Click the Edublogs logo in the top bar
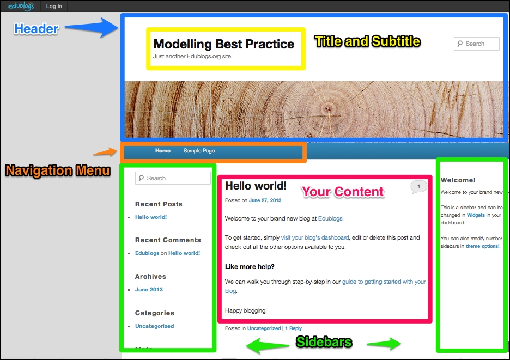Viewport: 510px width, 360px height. point(21,6)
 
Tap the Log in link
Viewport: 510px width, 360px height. point(54,6)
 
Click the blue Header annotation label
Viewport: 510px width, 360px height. point(37,29)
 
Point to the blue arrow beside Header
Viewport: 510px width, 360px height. point(92,27)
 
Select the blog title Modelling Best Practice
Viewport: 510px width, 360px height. point(223,44)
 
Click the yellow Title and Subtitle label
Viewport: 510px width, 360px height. point(367,41)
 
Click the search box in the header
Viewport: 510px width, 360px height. point(477,44)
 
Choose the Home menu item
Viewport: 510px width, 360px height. point(162,150)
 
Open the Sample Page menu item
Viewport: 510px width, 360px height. point(199,150)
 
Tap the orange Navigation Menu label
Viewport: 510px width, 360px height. point(58,170)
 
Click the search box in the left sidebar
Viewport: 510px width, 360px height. point(173,178)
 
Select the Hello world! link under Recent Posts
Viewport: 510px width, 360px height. point(151,217)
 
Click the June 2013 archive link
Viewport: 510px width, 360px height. point(149,289)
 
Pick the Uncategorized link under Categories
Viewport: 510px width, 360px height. point(155,326)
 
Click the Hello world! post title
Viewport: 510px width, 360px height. point(256,186)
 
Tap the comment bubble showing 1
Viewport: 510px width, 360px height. point(418,187)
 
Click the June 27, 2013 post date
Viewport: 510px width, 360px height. point(265,200)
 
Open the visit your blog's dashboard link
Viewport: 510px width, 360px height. point(315,237)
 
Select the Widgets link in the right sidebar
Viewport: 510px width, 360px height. point(476,215)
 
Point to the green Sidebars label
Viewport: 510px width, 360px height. point(324,342)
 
